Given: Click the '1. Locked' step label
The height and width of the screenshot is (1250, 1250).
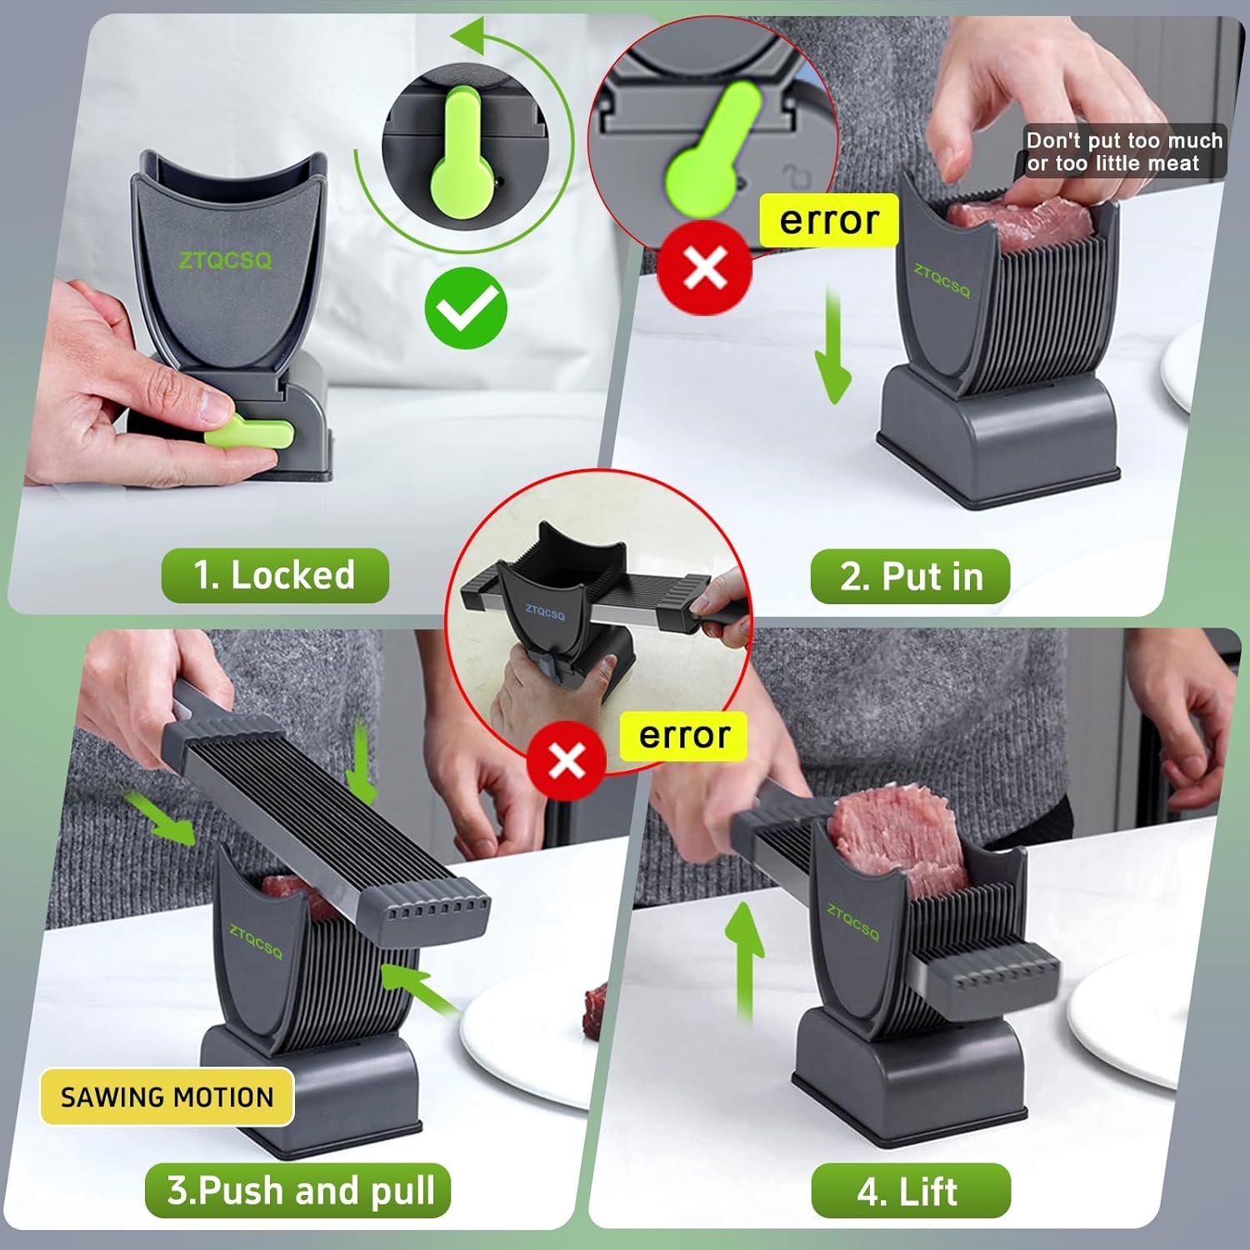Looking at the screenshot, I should coord(274,576).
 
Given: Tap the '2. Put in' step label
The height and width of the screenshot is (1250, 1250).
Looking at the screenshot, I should coord(910,577).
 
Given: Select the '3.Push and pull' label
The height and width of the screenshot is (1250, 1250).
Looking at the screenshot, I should coord(298,1190).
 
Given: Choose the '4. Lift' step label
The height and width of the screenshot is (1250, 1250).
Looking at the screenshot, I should coord(910,1191).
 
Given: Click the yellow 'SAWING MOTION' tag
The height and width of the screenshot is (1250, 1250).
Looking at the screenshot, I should coord(167,1097).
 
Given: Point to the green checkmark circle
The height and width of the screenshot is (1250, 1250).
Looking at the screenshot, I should coord(466,308).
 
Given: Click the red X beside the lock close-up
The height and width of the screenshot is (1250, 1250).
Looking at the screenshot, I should coord(705,267).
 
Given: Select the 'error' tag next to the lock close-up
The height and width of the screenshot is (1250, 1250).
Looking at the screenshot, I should coord(828,221).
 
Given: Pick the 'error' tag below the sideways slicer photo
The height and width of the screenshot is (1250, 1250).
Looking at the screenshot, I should coord(683,736).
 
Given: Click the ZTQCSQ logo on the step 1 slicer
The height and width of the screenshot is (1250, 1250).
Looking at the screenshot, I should coord(225,261).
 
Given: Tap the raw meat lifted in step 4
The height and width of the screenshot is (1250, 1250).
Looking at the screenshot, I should coord(892,842).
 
